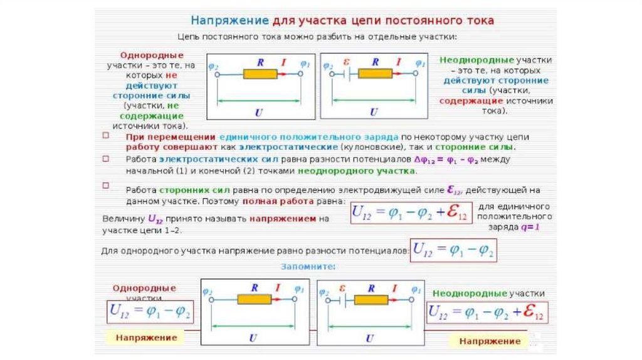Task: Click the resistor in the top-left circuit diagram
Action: point(260,74)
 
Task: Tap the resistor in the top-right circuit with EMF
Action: point(375,74)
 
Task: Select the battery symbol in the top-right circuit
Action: point(344,74)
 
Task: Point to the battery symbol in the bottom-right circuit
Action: point(342,299)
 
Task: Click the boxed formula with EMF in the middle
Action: point(410,213)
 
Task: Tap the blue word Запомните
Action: point(308,267)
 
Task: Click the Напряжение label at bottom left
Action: point(146,337)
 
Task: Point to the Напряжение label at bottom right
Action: point(490,341)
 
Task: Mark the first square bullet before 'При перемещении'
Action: point(106,135)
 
